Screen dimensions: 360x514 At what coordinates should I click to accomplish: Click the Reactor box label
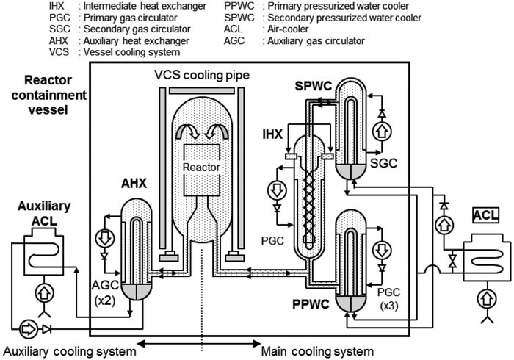202,167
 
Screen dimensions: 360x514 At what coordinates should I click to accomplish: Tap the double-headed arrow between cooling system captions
198,342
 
